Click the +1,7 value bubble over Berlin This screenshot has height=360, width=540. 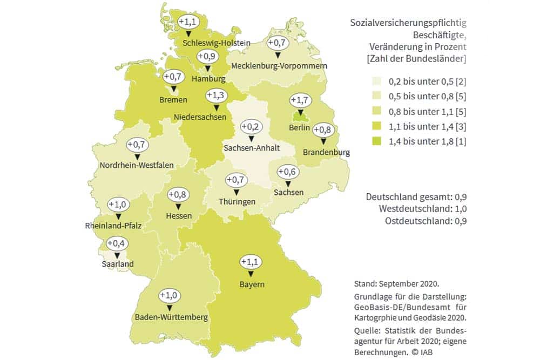coord(300,100)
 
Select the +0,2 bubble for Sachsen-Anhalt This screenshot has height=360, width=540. coord(251,127)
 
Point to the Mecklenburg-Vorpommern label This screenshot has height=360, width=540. coord(279,66)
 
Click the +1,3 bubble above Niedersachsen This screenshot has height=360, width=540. coord(215,96)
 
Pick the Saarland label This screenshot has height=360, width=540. coord(117,264)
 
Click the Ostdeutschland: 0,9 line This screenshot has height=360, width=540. coord(426,221)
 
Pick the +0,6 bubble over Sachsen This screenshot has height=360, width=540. coord(287,172)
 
